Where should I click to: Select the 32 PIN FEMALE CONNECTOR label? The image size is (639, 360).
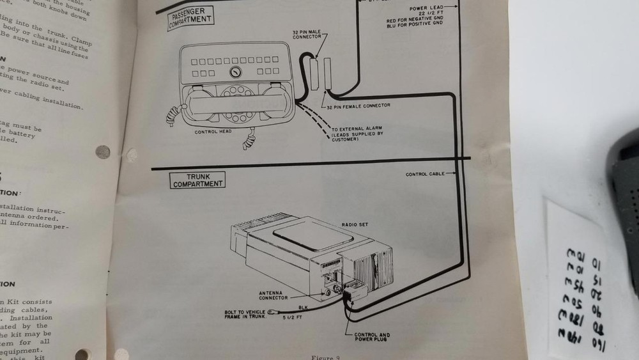click(x=360, y=106)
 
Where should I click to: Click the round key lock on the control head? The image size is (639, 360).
click(x=236, y=72)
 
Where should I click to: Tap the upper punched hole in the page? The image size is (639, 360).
click(x=102, y=152)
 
